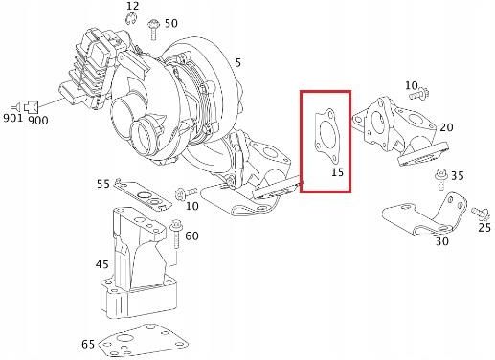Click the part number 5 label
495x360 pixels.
(x=237, y=63)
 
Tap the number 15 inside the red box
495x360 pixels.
(x=337, y=172)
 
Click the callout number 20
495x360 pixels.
(x=445, y=127)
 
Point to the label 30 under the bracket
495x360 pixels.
(x=441, y=241)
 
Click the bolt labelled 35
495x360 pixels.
(x=439, y=176)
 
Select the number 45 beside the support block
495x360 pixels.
(x=101, y=264)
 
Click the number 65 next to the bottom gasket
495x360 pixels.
(x=88, y=343)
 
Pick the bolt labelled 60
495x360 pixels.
(x=175, y=233)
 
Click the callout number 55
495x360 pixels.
(x=102, y=183)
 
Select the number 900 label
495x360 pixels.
(x=38, y=121)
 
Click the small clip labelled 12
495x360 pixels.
(x=135, y=20)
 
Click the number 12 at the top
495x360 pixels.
(x=132, y=7)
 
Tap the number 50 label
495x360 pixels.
(x=170, y=22)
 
